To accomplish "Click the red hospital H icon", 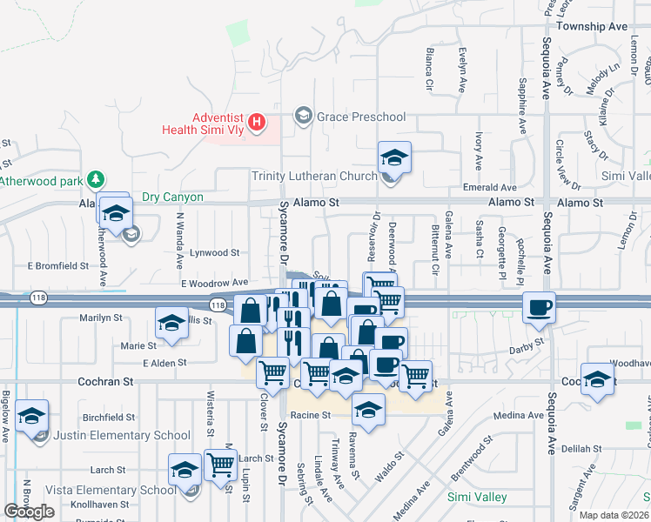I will (257, 123).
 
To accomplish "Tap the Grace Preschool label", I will (361, 116).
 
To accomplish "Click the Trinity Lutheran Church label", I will (314, 177).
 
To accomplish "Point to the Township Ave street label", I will (592, 27).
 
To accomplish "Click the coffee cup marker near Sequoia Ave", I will (540, 307).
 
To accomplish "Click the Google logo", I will (29, 512).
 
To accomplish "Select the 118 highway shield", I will (218, 304).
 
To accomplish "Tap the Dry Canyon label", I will (172, 197).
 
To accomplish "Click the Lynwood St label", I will (216, 252).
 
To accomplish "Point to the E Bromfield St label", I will (58, 265).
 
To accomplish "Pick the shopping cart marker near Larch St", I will (220, 465).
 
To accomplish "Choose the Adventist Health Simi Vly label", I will (203, 123).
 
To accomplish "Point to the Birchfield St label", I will (108, 417).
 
